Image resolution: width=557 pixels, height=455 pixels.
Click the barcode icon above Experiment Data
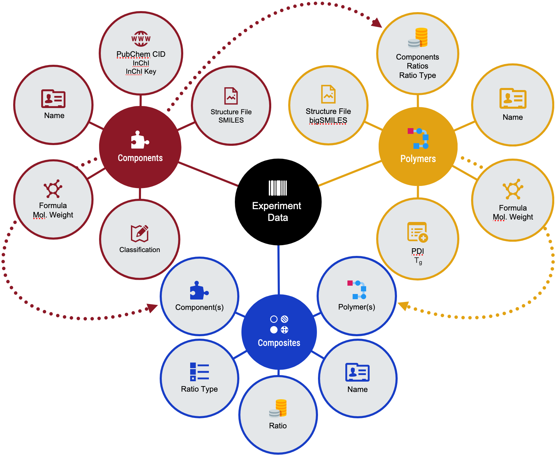[x=278, y=188]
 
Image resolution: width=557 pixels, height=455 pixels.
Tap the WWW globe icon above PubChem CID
[x=141, y=39]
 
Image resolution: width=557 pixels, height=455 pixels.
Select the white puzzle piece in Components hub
[x=140, y=140]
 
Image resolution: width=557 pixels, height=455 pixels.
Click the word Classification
[x=140, y=250]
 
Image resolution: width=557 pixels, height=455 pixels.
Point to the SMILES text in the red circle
[x=231, y=120]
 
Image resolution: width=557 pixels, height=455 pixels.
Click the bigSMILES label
[x=328, y=120]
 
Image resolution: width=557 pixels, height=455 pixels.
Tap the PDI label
[x=417, y=251]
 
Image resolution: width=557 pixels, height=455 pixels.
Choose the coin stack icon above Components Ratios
[x=418, y=38]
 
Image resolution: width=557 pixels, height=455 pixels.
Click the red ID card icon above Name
[x=53, y=99]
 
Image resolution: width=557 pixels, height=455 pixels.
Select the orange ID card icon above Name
[x=513, y=98]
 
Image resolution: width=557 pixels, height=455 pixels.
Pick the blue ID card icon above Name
[x=357, y=372]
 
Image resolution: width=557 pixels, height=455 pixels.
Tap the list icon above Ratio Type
[x=199, y=372]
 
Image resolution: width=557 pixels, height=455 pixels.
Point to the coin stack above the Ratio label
[x=278, y=408]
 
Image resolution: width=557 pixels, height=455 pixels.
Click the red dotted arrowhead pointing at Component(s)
[x=152, y=307]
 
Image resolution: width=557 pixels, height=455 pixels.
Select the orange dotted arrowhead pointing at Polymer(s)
[x=403, y=306]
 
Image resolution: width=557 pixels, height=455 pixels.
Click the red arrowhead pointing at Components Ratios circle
[x=377, y=23]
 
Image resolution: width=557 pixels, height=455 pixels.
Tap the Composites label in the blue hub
[x=279, y=343]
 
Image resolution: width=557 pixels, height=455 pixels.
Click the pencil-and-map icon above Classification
[x=140, y=233]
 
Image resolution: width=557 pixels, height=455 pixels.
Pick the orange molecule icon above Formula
[x=513, y=189]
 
